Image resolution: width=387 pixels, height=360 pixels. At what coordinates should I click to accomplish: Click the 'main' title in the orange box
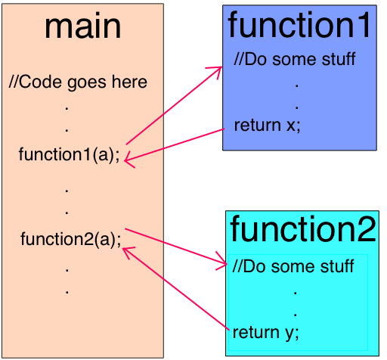[x=82, y=26]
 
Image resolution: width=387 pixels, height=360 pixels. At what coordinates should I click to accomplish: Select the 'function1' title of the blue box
[x=301, y=25]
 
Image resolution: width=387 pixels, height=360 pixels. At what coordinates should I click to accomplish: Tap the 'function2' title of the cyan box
[x=302, y=229]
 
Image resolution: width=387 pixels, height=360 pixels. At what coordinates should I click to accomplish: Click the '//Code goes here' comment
[x=78, y=82]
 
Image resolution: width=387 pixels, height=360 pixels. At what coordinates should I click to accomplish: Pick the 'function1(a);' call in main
[x=70, y=155]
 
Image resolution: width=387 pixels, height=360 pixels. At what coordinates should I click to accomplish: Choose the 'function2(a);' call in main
[x=70, y=240]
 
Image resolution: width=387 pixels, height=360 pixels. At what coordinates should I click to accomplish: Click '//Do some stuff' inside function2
[x=293, y=266]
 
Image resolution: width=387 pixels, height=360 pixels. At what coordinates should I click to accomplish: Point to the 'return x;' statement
[x=268, y=125]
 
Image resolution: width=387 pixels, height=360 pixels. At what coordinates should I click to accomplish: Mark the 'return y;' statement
[x=266, y=332]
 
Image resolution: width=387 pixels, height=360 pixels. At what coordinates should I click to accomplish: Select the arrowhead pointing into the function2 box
[x=223, y=264]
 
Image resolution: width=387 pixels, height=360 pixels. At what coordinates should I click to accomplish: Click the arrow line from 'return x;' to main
[x=178, y=144]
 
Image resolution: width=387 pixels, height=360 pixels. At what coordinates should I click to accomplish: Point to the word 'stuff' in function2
[x=337, y=266]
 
